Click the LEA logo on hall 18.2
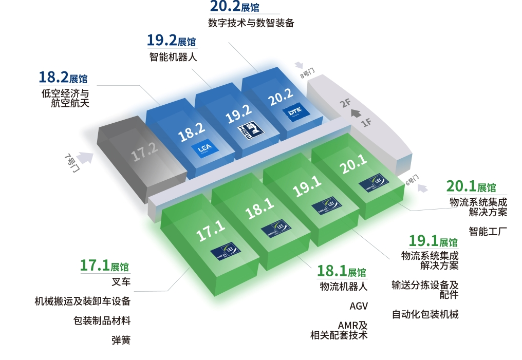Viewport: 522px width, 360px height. point(201,148)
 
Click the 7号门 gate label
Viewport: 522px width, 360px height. point(72,163)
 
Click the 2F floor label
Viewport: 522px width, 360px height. point(346,102)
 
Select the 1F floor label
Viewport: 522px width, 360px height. point(366,122)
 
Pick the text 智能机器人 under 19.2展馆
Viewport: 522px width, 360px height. point(170,57)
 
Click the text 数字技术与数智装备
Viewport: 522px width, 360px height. point(251,23)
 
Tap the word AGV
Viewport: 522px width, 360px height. point(359,306)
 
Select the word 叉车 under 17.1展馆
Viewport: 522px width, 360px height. point(121,282)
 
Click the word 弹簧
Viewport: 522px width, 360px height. point(121,340)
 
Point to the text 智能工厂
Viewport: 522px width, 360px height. point(488,231)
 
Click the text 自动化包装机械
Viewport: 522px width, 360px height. point(425,314)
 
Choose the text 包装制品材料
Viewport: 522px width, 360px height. point(102,321)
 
